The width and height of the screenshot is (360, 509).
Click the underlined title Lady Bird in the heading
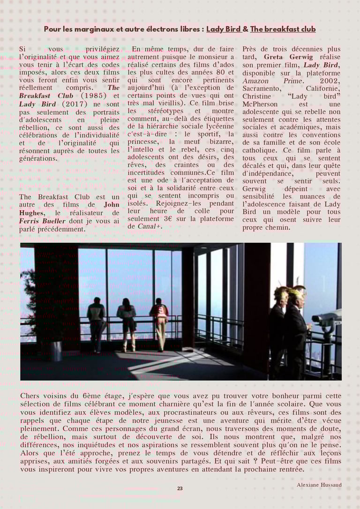click(224, 29)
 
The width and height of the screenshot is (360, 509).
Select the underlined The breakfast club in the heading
click(283, 29)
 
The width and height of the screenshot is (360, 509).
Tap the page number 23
click(180, 488)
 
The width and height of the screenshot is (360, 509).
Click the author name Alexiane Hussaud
click(319, 485)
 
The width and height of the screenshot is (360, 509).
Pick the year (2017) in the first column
click(75, 104)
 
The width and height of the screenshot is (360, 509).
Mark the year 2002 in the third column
click(331, 81)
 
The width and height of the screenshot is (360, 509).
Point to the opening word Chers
click(30, 396)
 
